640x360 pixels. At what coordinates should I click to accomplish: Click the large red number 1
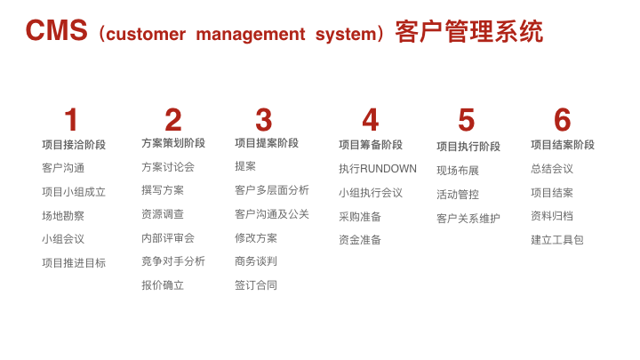[71, 120]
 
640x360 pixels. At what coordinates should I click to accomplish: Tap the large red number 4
[371, 120]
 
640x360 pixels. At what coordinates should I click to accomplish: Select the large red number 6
[562, 120]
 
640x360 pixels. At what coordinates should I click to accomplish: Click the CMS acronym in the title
[56, 30]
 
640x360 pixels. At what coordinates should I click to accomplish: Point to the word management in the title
[251, 34]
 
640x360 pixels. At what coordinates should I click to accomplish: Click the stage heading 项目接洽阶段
[74, 145]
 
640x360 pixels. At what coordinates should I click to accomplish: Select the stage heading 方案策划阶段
[173, 143]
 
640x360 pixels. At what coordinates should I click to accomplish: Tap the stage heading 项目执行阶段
[468, 147]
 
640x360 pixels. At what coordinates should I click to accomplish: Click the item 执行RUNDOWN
[378, 169]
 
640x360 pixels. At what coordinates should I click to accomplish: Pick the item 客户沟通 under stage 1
[63, 168]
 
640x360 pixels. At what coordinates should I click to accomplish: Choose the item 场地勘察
[63, 215]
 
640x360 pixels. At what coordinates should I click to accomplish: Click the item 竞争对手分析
[173, 261]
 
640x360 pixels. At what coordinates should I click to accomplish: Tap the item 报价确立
[163, 285]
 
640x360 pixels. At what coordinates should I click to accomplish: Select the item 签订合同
[256, 285]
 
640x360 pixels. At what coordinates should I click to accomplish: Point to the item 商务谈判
[256, 261]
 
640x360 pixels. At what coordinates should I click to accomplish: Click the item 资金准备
[360, 240]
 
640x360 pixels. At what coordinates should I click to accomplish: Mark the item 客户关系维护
[468, 219]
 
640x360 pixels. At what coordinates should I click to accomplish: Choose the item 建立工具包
[557, 240]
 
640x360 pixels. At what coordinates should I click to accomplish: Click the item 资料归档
[552, 215]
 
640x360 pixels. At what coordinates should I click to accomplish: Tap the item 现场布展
[458, 170]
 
